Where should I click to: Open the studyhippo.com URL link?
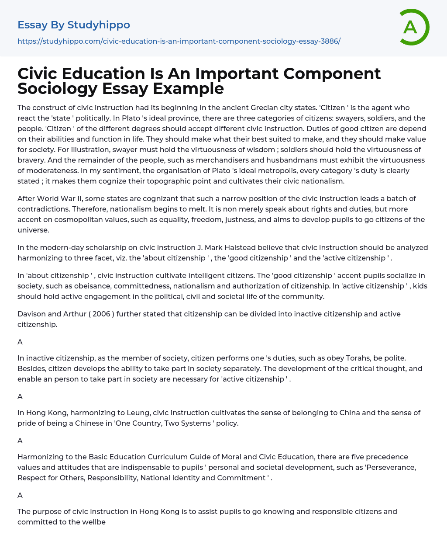[179, 41]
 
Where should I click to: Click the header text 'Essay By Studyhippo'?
[73, 25]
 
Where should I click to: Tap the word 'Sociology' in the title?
[57, 88]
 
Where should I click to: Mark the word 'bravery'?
[31, 160]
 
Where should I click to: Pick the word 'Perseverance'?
[393, 467]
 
